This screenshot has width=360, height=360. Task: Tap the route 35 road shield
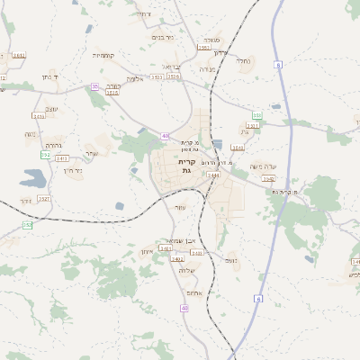[x=94, y=86]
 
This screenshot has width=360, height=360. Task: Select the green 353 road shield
[x=257, y=115]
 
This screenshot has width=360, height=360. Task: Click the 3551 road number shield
[x=157, y=77]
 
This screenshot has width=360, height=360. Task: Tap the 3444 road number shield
[x=213, y=176]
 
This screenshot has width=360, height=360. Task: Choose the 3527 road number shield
[x=44, y=199]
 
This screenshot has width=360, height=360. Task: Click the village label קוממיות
[x=103, y=55]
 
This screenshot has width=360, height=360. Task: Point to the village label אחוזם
[x=190, y=292]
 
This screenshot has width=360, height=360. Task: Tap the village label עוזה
[x=181, y=208]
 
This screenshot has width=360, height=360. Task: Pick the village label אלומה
[x=135, y=78]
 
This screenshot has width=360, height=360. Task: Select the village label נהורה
[x=53, y=145]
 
